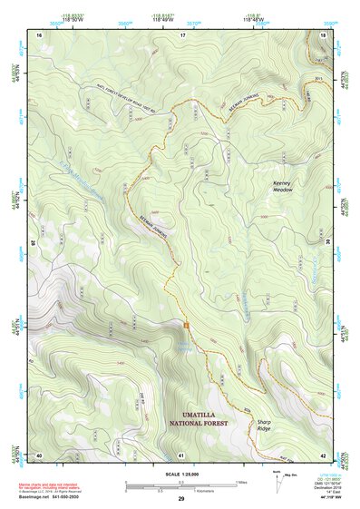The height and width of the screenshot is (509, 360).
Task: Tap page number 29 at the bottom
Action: click(180, 500)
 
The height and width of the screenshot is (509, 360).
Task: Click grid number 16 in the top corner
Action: click(39, 34)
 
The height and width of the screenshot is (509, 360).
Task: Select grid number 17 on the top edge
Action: click(182, 34)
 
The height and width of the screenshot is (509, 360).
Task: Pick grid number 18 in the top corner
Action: click(324, 34)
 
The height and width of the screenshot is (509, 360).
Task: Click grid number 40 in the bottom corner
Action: click(39, 454)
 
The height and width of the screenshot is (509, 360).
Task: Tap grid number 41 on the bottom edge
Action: click(181, 454)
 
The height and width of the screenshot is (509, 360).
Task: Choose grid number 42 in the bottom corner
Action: click(324, 454)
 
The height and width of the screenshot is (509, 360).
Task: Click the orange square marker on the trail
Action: click(186, 325)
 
